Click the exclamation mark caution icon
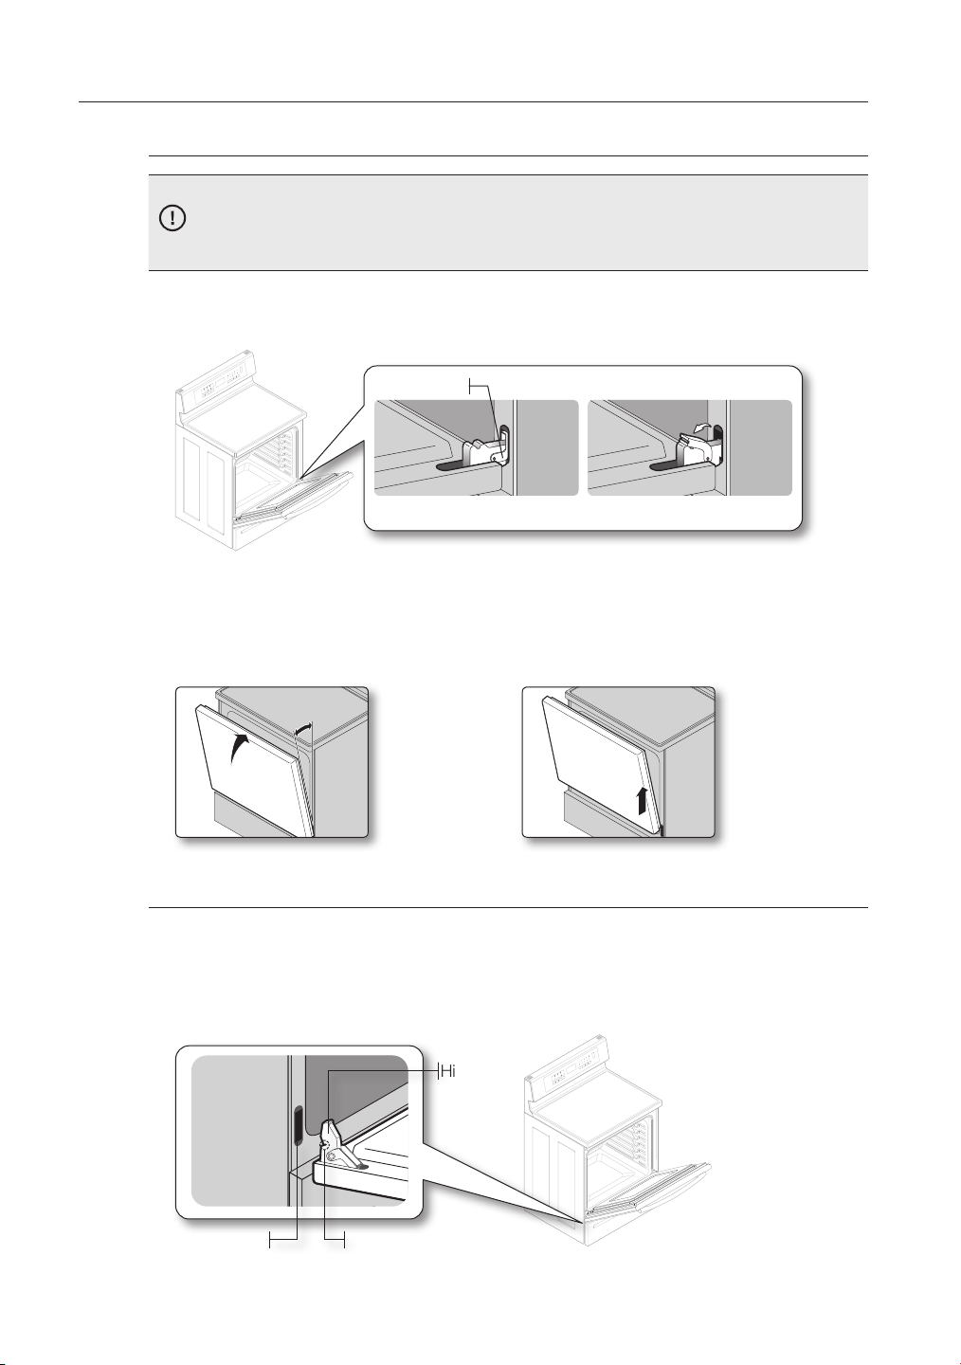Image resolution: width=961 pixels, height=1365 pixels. pyautogui.click(x=172, y=218)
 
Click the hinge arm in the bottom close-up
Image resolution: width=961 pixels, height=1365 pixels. pyautogui.click(x=339, y=1143)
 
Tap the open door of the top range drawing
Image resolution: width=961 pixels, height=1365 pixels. pyautogui.click(x=291, y=497)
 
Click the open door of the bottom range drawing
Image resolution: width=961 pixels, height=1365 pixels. pyautogui.click(x=646, y=1195)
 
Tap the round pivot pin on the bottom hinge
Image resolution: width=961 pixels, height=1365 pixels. pyautogui.click(x=331, y=1156)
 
